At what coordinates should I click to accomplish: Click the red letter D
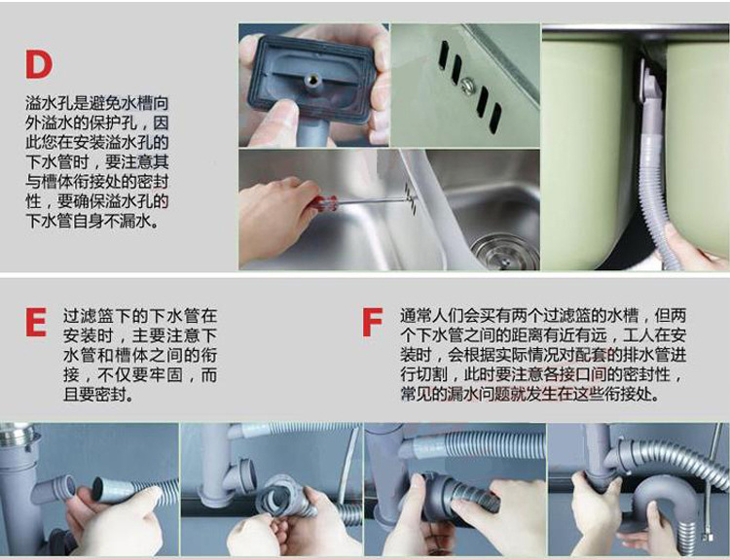point(39,64)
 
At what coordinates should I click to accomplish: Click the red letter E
point(36,322)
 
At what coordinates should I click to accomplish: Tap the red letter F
point(372,322)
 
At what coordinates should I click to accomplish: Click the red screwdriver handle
point(324,203)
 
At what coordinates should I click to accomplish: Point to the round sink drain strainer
point(504,251)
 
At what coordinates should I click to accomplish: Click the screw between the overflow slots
point(467,85)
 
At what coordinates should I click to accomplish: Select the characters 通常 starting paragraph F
point(416,316)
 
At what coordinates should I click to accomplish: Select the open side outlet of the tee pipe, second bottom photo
point(247,476)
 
